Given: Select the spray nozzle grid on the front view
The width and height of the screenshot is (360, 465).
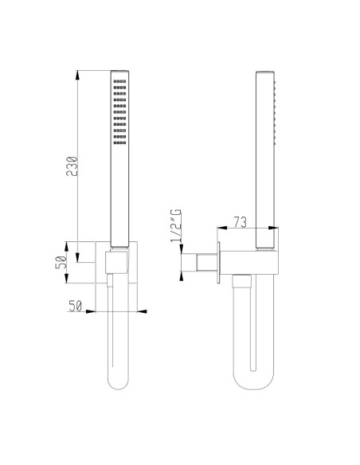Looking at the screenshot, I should click(119, 112).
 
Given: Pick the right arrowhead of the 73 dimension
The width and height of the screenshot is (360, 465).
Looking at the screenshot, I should click(278, 232).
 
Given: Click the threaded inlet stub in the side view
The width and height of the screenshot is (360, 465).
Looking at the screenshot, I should click(206, 263).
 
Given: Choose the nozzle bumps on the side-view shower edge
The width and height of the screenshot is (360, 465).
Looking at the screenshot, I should click(276, 111).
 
